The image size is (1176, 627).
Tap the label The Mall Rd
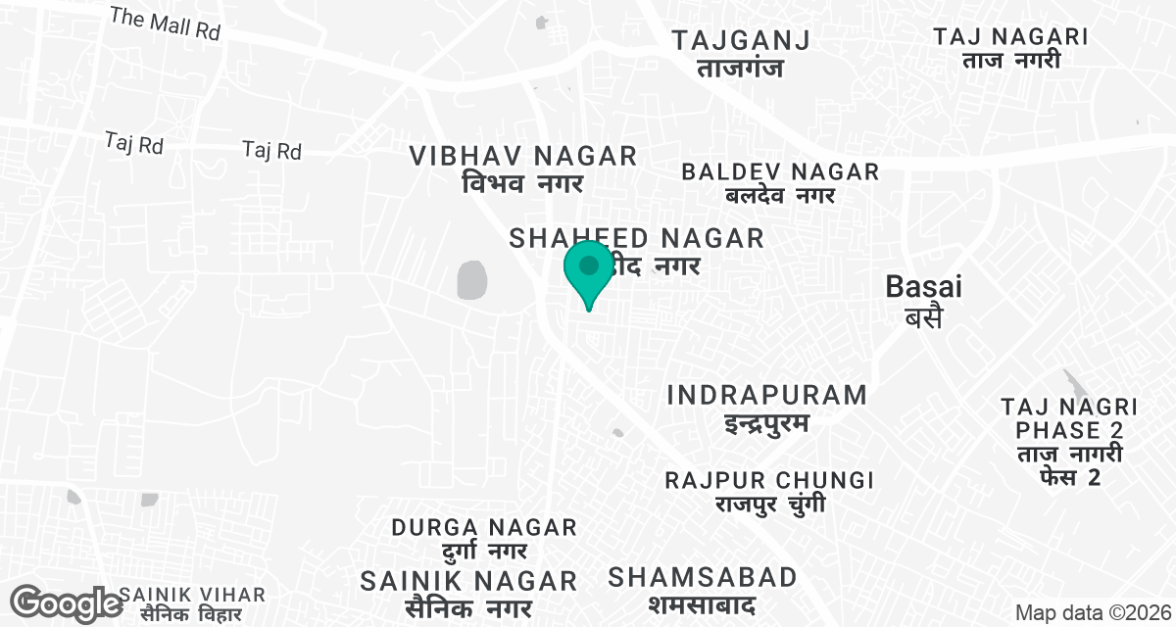tap(165, 24)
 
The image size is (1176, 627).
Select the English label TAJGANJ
tap(741, 40)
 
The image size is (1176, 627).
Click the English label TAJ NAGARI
tap(1010, 37)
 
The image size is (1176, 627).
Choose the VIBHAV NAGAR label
tap(523, 156)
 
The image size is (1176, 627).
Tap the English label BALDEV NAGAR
tap(780, 171)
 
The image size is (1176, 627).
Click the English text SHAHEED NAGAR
tap(637, 238)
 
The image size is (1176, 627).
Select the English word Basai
tap(923, 286)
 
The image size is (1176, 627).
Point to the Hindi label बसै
tap(923, 316)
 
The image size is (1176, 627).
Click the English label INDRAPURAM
tap(767, 395)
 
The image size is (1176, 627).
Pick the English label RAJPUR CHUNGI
tap(769, 480)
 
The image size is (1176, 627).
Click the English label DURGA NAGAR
tap(484, 527)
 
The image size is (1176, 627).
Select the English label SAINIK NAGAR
tap(468, 580)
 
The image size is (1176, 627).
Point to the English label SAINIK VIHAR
tap(192, 595)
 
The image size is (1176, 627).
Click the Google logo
tap(66, 603)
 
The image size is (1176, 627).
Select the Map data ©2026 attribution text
tap(1093, 613)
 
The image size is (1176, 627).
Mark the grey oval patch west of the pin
tap(472, 280)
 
